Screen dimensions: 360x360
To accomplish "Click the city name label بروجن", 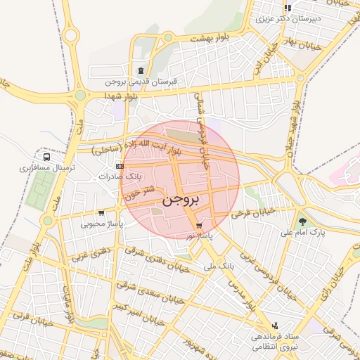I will [x=181, y=200].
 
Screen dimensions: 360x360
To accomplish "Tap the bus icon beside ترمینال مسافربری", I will [x=46, y=157].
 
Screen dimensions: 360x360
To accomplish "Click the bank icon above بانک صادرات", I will [x=120, y=166].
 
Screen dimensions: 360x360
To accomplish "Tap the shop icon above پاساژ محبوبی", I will [x=102, y=213].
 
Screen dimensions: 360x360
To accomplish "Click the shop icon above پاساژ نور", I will [x=199, y=226].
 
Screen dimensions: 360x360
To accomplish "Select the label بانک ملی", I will [x=218, y=266].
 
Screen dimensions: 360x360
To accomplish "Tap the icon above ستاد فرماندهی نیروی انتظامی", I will [x=274, y=326].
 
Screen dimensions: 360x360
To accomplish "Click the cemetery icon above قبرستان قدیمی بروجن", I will [x=141, y=70].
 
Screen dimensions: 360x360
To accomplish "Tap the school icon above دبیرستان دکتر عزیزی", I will [x=287, y=8].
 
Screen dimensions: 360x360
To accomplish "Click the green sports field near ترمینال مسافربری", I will [x=42, y=191].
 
